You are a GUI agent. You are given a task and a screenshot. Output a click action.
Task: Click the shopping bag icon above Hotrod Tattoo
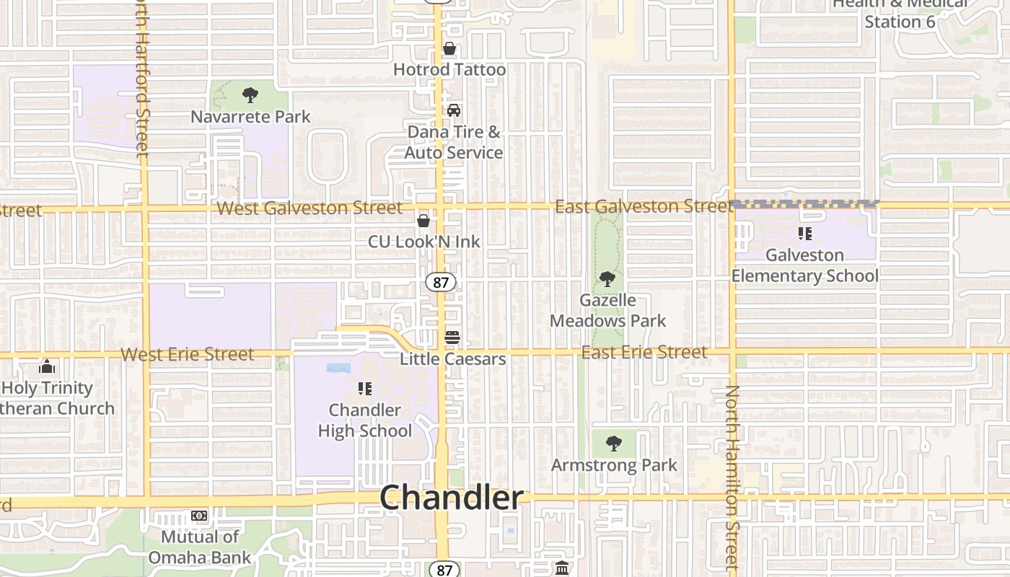point(449,49)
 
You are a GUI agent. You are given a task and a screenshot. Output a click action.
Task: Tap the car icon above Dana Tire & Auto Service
point(453,110)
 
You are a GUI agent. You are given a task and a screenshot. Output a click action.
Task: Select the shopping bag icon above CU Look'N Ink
point(423,220)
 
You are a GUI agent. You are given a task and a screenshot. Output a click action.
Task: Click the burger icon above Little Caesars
point(452,337)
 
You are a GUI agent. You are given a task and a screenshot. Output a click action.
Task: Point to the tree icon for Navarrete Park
point(250,94)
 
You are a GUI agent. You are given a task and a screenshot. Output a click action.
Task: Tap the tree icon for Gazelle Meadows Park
point(607,278)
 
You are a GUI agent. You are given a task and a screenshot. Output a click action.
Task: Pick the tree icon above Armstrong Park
point(614,443)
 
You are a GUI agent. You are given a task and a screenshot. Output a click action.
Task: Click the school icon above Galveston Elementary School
point(805,234)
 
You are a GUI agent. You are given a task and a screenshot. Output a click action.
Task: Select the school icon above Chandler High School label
point(365,389)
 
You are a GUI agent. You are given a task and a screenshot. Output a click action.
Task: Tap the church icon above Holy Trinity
point(47,366)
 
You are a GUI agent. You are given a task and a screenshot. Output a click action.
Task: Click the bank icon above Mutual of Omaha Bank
point(199,516)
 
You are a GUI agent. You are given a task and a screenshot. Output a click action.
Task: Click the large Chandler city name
point(452,498)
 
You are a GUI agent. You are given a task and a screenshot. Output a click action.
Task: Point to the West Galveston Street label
point(309,208)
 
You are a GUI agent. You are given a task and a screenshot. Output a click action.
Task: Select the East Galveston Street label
point(644,207)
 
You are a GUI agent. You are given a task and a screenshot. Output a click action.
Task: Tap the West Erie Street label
point(188,354)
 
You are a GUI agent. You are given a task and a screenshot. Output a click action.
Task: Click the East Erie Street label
point(644,352)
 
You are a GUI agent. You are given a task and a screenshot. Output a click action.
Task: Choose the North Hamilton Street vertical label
point(732,476)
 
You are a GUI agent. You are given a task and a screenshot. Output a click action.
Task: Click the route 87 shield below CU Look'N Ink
point(440,282)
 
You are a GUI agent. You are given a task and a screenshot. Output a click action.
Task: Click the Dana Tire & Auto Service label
point(453,142)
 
